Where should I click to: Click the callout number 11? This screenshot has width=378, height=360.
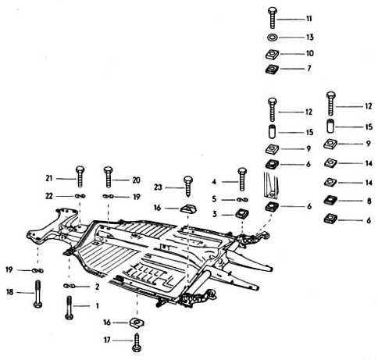[308, 19]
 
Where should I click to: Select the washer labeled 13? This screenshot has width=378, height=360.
[273, 37]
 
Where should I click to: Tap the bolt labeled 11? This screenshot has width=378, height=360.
[273, 18]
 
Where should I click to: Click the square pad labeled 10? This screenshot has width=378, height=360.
[273, 54]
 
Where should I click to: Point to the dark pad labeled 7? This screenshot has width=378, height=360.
[272, 70]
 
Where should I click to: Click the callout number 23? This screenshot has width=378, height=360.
[158, 187]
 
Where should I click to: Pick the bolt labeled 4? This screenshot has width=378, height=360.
[242, 179]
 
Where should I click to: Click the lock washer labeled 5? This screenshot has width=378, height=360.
[242, 200]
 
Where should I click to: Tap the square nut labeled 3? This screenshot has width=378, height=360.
[242, 214]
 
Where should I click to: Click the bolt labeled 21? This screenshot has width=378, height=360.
[80, 176]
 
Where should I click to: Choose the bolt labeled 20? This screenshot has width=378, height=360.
[109, 177]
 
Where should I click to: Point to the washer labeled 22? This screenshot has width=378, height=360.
[80, 196]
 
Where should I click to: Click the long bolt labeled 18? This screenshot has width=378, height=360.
[38, 294]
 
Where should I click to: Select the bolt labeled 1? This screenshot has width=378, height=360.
[69, 308]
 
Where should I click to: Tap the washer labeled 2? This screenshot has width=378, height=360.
[70, 286]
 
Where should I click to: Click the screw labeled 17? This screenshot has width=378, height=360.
[137, 342]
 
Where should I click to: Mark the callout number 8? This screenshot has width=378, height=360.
[369, 201]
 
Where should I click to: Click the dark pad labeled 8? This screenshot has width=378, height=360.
[330, 200]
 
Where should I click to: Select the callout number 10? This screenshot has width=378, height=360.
[310, 54]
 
